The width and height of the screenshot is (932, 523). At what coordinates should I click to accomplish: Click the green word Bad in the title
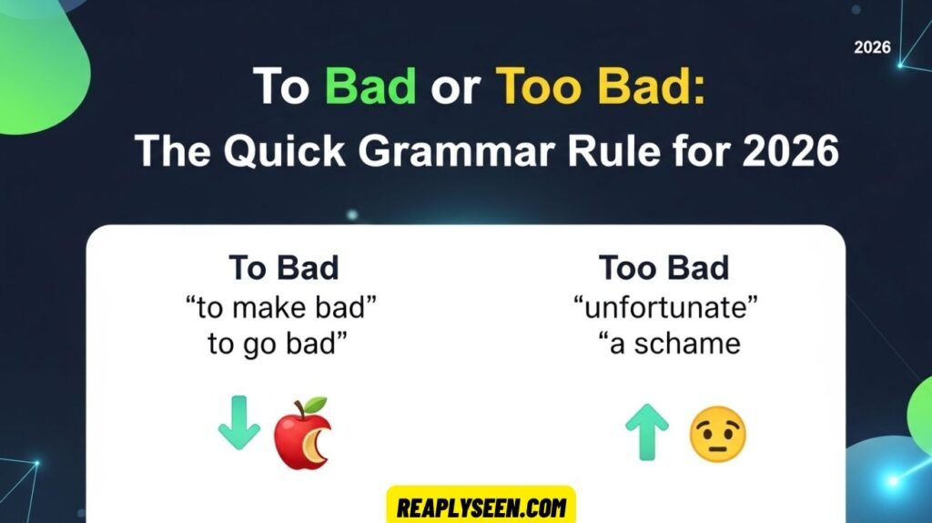point(370,87)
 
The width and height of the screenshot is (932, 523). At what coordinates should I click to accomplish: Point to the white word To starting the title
point(283,87)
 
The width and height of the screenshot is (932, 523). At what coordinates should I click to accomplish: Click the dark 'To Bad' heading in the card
point(283,269)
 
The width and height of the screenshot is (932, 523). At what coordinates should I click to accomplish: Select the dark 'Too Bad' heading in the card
point(664,269)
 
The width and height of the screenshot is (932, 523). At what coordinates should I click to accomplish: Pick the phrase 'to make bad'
point(283,307)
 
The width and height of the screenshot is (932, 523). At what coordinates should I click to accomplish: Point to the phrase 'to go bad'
point(283,345)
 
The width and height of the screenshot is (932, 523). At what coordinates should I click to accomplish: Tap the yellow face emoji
point(717,434)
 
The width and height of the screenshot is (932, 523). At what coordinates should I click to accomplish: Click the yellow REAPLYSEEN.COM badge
point(481,506)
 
